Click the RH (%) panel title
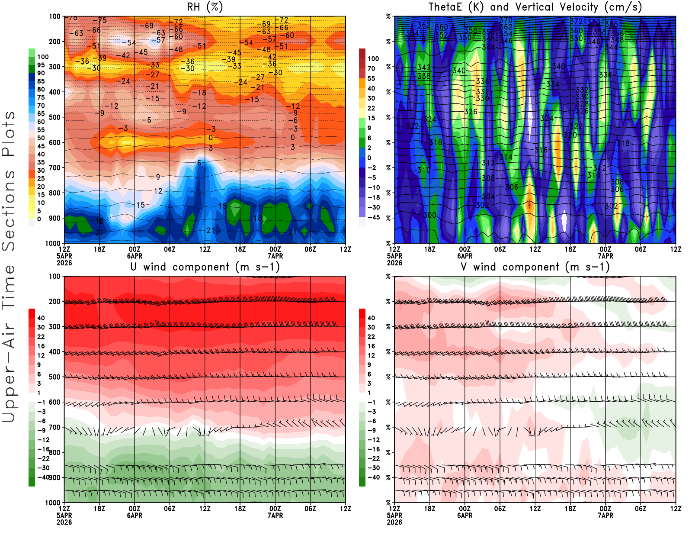205,7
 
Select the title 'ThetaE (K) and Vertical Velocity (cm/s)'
535,7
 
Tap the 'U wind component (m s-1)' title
205,267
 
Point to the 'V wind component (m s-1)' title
535,267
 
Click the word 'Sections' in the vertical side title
9,210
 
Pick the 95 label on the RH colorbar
41,65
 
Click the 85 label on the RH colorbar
41,81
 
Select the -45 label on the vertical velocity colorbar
373,217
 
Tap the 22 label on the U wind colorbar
41,337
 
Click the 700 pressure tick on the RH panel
54,168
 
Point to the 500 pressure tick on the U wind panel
54,377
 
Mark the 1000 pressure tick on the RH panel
53,243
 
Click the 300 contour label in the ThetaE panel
429,215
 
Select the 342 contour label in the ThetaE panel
423,68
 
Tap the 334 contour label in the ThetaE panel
553,84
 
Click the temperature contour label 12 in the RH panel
158,191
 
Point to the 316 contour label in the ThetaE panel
541,150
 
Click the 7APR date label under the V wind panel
605,516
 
